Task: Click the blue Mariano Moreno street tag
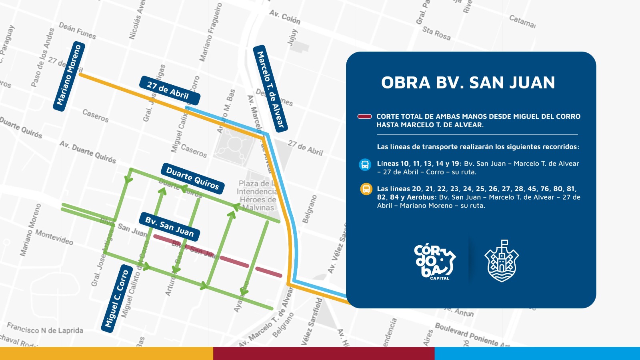pos(69,76)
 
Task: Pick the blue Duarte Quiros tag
pos(192,178)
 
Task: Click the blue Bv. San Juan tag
pos(170,227)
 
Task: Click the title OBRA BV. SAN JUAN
pos(468,83)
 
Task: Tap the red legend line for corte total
pos(364,117)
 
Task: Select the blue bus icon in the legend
pos(365,164)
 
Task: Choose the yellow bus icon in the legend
pos(366,189)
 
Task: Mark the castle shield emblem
pos(502,262)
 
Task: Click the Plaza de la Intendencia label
pos(257,196)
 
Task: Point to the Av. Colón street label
pos(284,17)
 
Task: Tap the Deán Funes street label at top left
pos(77,31)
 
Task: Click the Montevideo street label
pos(54,237)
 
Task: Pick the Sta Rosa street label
pos(436,33)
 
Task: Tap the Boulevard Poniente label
pos(466,334)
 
